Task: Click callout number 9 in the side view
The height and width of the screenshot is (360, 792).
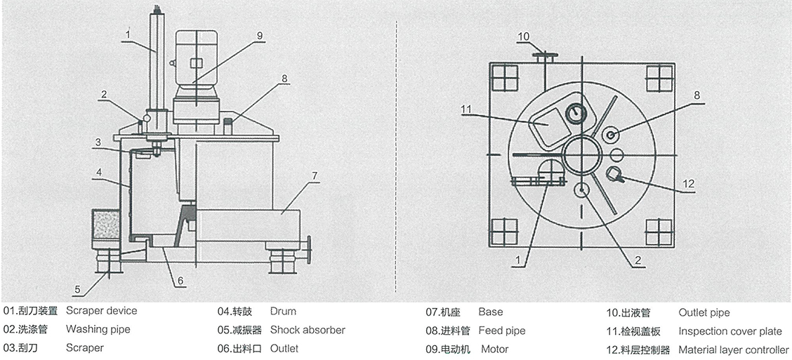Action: (x=259, y=34)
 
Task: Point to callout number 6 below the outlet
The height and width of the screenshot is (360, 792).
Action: (x=180, y=281)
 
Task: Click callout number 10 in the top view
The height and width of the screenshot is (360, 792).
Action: (x=524, y=36)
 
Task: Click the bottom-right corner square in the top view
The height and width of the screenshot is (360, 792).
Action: (x=659, y=232)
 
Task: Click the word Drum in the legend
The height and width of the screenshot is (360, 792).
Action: (x=282, y=312)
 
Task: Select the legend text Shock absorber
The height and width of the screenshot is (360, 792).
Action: (x=307, y=330)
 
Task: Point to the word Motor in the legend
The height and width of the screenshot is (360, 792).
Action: (x=494, y=349)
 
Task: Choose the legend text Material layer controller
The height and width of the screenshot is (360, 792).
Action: (x=734, y=349)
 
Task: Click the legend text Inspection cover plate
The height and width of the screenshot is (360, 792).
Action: (x=730, y=331)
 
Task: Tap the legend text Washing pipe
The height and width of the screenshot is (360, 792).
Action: (x=98, y=329)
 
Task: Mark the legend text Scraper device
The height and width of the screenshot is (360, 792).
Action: (x=101, y=311)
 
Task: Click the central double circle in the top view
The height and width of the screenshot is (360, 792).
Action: (x=581, y=154)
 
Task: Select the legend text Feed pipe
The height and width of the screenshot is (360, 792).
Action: (x=501, y=331)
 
